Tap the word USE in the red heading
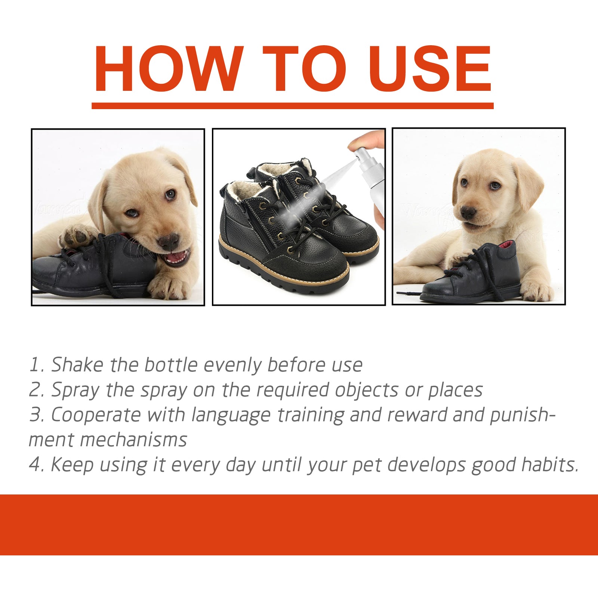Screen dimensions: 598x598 coord(431,69)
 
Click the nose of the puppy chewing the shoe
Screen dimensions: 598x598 coord(169,241)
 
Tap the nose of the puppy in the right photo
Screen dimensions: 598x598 coord(468,213)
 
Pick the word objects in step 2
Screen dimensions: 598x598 coord(366,390)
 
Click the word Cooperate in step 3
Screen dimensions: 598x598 coord(95,415)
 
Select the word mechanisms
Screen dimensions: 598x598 coord(133,440)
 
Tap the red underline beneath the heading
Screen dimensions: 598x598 coord(293,106)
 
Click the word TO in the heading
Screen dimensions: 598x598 coord(304,69)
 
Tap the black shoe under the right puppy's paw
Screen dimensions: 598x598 coord(475,280)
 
